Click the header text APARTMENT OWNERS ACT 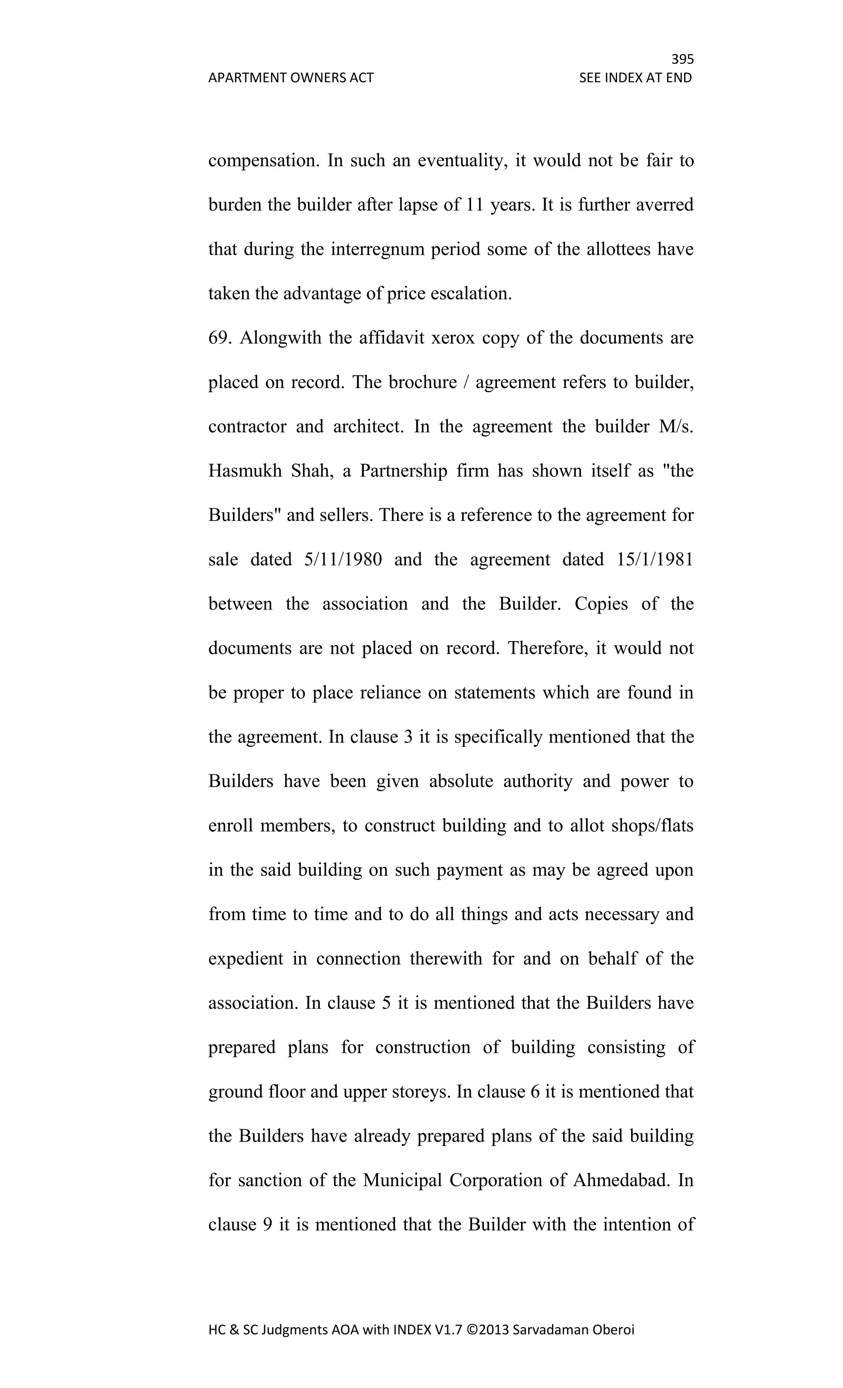(x=291, y=78)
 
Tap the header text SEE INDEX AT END (x=635, y=78)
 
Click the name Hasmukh (x=245, y=471)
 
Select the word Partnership (x=403, y=471)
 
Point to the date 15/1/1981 (x=655, y=560)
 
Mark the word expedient (x=246, y=959)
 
